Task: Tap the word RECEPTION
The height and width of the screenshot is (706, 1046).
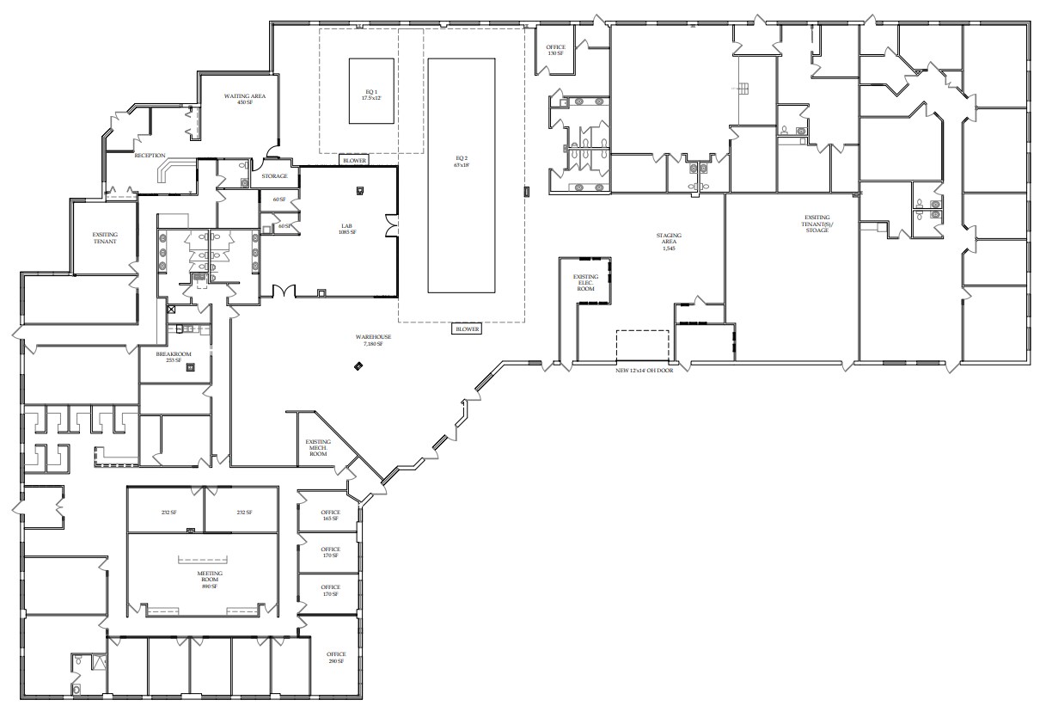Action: [150, 156]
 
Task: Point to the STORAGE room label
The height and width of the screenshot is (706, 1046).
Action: [275, 176]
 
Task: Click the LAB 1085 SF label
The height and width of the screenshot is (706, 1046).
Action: [347, 229]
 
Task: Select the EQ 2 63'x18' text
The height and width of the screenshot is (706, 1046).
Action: [462, 160]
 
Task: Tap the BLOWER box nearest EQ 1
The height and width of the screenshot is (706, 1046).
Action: [355, 161]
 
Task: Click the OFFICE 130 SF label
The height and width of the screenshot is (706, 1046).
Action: [555, 50]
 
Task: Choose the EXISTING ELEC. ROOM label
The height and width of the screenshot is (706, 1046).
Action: [585, 283]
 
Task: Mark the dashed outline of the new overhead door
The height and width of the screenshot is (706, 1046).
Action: [642, 345]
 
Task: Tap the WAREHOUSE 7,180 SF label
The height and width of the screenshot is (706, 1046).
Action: [376, 341]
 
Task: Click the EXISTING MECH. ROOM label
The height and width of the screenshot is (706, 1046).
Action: [318, 448]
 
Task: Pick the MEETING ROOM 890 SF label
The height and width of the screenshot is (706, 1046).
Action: [210, 580]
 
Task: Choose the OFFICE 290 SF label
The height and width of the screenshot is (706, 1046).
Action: [335, 657]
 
